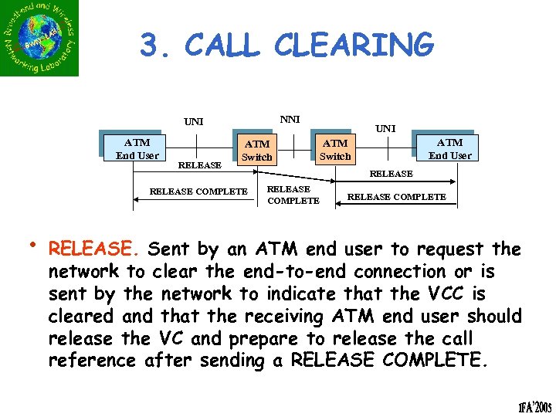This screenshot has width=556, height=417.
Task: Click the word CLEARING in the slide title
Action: pos(354,45)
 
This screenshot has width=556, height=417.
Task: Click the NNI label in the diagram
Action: pos(290,119)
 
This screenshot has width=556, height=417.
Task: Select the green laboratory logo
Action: pos(39,39)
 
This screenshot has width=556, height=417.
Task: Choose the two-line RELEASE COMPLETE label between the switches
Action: pos(293,195)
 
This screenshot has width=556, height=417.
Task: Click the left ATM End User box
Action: pos(137,149)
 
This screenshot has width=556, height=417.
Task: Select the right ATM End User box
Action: pos(449,148)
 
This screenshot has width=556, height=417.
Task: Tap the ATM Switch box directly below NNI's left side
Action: pos(257,151)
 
